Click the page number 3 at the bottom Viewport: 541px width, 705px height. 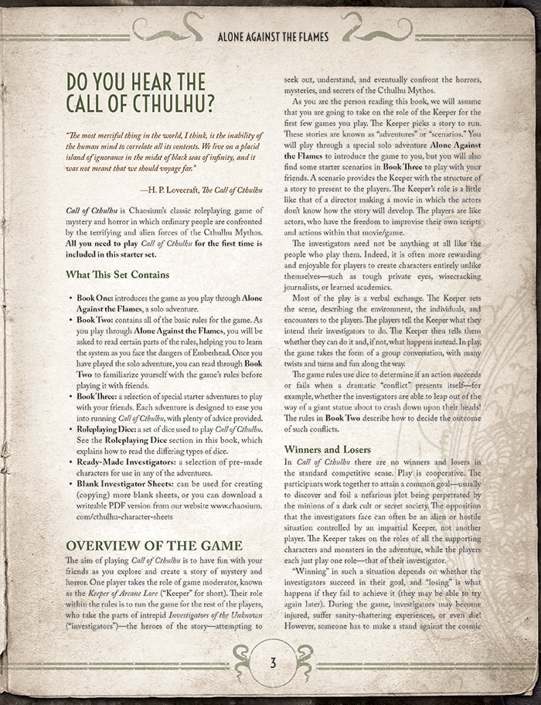[272, 662]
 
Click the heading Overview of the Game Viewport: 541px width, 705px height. [155, 545]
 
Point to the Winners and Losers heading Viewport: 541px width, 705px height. [328, 449]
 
